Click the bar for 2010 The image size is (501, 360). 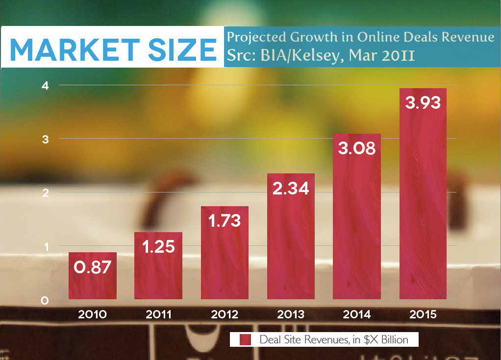coord(92,284)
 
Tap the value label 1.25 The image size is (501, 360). coord(158,246)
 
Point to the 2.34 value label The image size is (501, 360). coord(291,188)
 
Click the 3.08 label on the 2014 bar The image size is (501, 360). coord(357,148)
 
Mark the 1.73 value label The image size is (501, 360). coord(225,220)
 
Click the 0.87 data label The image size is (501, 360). coord(93,267)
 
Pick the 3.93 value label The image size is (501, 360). coord(423,103)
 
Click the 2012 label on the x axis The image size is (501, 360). coord(225,314)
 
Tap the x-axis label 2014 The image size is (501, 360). coord(357,314)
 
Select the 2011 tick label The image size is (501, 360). coord(158,314)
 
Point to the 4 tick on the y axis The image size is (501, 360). coord(46,85)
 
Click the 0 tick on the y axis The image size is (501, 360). coord(45,300)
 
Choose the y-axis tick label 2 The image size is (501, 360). coord(46,192)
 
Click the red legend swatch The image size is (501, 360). coord(245,339)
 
